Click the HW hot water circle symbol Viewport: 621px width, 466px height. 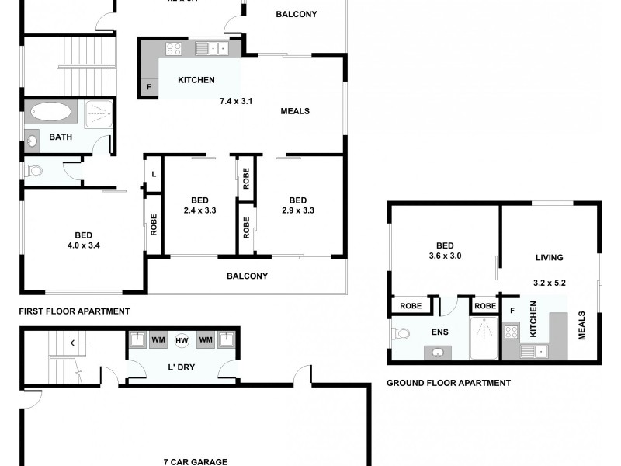pos(182,340)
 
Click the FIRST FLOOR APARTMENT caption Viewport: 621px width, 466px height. pos(75,311)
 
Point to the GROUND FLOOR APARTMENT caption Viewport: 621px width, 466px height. pos(449,383)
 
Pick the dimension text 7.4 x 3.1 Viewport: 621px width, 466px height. pos(237,101)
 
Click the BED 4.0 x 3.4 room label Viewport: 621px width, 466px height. pos(84,241)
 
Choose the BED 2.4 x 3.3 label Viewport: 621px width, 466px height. pos(199,204)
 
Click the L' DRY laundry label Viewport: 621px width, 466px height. pos(182,365)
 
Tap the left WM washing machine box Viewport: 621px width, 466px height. pos(158,340)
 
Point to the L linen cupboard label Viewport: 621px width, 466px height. pos(153,174)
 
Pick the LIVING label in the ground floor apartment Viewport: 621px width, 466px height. pos(550,258)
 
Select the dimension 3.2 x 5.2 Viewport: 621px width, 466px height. pos(550,283)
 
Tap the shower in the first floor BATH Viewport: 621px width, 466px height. pos(98,113)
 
